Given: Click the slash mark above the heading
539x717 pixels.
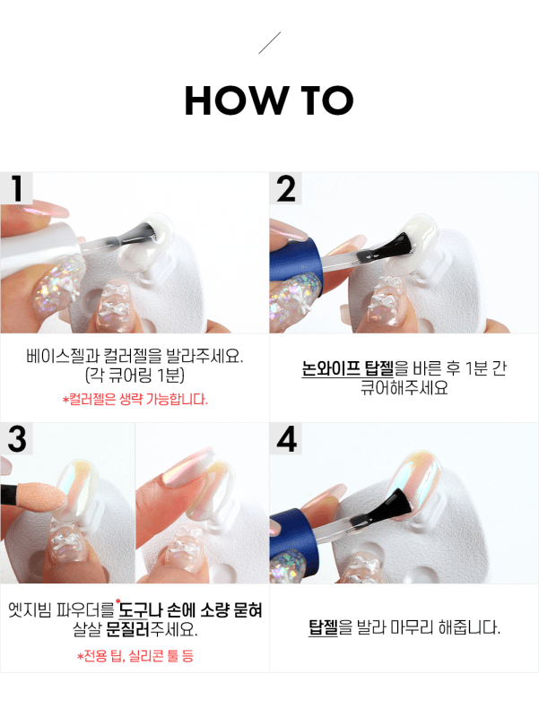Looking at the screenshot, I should (269, 42).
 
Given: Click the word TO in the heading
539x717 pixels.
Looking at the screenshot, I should (325, 101).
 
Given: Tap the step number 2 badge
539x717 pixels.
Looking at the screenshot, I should (286, 189).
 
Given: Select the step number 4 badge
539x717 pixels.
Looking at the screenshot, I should (286, 440).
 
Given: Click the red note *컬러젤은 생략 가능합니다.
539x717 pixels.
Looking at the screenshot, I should (135, 399).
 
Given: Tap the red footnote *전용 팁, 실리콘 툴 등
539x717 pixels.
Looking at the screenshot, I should (135, 656).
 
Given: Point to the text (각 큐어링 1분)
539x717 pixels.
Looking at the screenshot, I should (135, 376).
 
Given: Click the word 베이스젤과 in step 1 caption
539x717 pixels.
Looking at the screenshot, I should (61, 355).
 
